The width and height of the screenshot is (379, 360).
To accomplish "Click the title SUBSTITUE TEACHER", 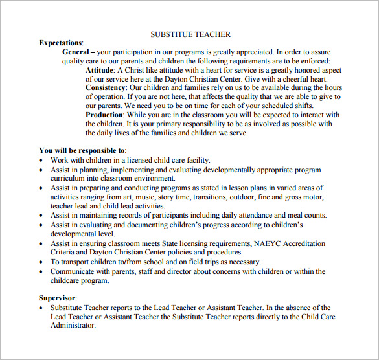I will click(190, 34).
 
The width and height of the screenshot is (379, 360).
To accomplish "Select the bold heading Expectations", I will click(61, 43).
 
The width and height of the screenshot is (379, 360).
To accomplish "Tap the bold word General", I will click(78, 52).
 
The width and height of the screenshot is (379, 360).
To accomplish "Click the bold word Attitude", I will click(100, 70).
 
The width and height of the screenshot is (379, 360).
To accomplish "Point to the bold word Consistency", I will click(106, 88).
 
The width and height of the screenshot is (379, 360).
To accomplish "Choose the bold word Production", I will click(104, 115).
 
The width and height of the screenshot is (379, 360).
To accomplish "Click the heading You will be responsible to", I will click(82, 151).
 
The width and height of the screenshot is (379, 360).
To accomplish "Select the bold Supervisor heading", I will click(58, 298).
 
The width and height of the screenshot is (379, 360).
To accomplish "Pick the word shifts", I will click(300, 106).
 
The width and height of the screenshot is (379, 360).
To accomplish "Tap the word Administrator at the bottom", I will click(73, 326).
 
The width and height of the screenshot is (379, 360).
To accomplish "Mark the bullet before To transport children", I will click(42, 262).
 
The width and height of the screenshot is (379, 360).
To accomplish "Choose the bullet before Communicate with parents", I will click(42, 272).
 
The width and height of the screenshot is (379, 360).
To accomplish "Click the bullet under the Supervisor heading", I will click(42, 308).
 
